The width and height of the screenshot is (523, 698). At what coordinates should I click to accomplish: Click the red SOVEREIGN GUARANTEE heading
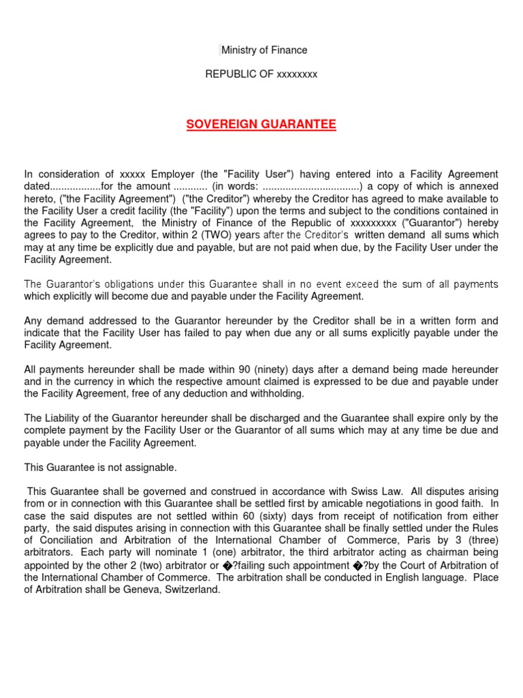pyautogui.click(x=261, y=125)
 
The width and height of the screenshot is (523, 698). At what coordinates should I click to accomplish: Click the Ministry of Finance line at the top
pyautogui.click(x=264, y=50)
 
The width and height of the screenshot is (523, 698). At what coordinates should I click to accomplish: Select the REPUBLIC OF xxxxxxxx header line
pyautogui.click(x=261, y=74)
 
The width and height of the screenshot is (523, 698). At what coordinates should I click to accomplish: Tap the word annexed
pyautogui.click(x=477, y=186)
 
